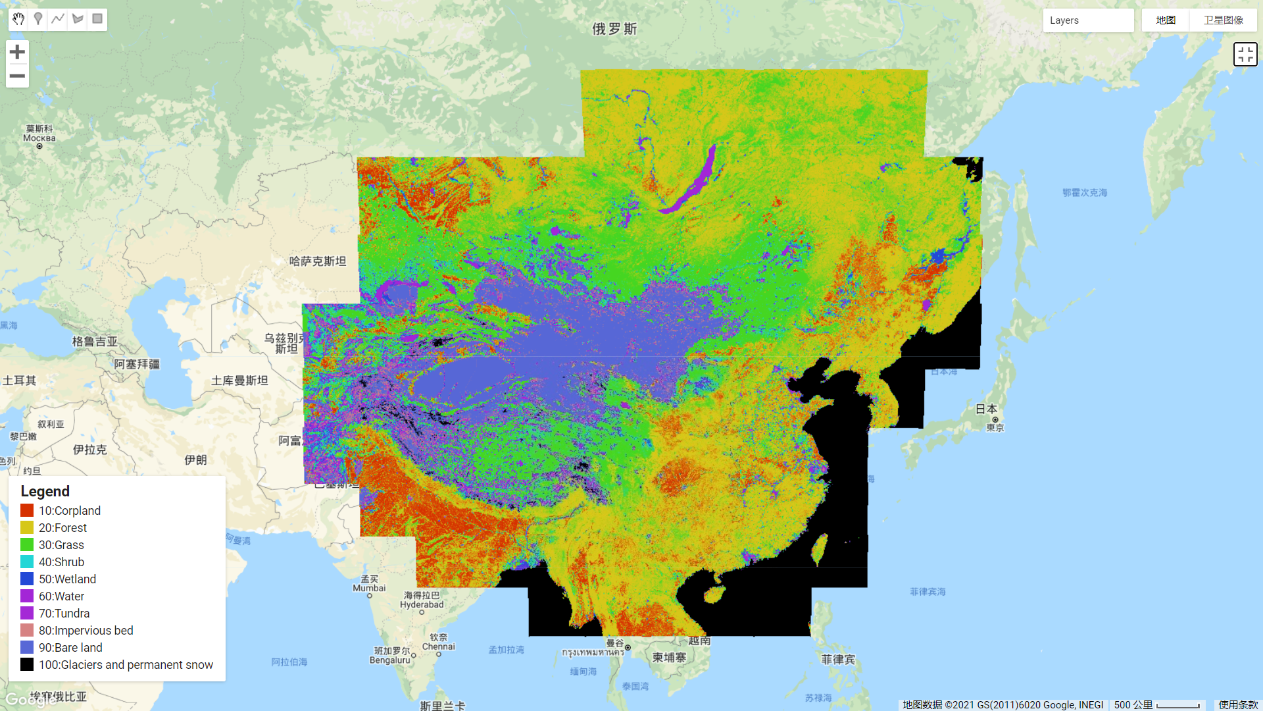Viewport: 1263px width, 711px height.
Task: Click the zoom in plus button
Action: pyautogui.click(x=18, y=52)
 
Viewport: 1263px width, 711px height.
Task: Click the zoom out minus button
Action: pyautogui.click(x=18, y=76)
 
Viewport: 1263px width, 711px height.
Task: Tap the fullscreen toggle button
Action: pyautogui.click(x=1245, y=55)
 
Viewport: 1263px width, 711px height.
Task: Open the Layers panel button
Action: pyautogui.click(x=1087, y=20)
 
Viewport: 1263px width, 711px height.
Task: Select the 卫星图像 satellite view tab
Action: pyautogui.click(x=1223, y=20)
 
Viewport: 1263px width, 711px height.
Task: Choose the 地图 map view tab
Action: pyautogui.click(x=1165, y=20)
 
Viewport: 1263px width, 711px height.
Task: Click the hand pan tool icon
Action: pyautogui.click(x=18, y=19)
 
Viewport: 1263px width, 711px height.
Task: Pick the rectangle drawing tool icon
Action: pyautogui.click(x=97, y=19)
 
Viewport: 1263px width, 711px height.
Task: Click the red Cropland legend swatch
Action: pyautogui.click(x=27, y=510)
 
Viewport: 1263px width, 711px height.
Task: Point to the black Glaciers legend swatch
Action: pyautogui.click(x=27, y=664)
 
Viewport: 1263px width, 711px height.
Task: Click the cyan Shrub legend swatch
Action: pyautogui.click(x=27, y=562)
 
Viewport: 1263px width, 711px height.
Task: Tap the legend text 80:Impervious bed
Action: pyautogui.click(x=86, y=630)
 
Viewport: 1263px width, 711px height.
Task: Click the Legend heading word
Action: pyautogui.click(x=45, y=491)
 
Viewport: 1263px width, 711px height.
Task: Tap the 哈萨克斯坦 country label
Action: pyautogui.click(x=318, y=261)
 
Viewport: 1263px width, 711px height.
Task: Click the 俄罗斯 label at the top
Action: pyautogui.click(x=614, y=29)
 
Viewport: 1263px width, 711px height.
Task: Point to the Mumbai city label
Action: pyautogui.click(x=369, y=588)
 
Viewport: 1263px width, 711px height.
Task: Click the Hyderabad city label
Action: pyautogui.click(x=422, y=604)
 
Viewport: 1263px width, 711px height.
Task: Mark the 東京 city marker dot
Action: pyautogui.click(x=995, y=419)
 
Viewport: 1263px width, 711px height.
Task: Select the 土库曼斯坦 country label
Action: pyautogui.click(x=239, y=381)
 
